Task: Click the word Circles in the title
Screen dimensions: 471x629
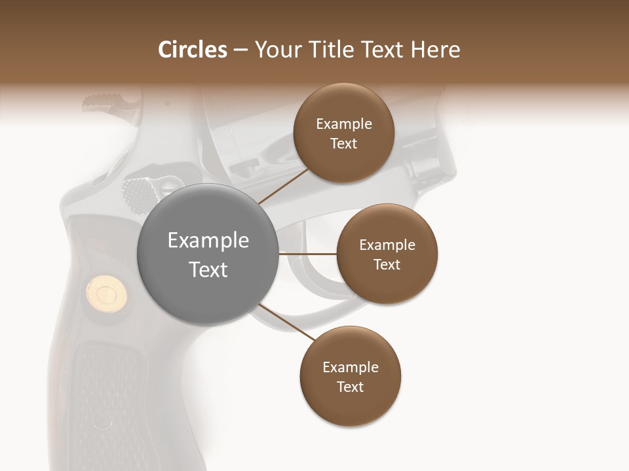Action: point(193,50)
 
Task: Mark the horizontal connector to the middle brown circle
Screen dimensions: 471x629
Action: point(307,254)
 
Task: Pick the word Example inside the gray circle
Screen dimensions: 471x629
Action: point(208,241)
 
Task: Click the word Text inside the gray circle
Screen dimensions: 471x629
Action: point(208,270)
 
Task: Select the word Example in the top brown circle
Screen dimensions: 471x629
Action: point(344,124)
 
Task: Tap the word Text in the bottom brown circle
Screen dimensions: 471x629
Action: point(350,387)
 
